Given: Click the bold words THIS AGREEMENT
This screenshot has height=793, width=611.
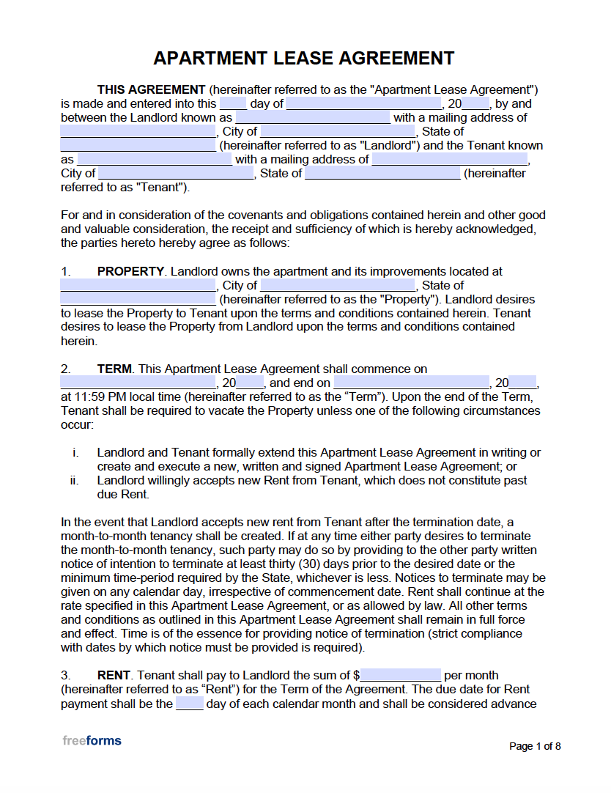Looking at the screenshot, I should point(151,90).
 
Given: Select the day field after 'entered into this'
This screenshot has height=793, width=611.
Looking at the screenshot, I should point(233,104).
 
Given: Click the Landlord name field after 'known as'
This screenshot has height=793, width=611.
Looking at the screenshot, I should point(313,118).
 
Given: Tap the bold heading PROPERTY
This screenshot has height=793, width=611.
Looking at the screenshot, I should point(130,272).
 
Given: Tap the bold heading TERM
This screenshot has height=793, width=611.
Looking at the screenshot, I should point(114,369).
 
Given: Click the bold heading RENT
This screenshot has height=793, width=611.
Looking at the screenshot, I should point(114,675).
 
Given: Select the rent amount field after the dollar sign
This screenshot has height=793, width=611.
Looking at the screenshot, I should point(401,675).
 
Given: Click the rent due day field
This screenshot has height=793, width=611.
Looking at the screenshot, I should point(189,704).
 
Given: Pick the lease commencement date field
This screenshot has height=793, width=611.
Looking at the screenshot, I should point(138,383).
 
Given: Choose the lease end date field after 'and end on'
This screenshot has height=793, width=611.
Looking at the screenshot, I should point(412,383).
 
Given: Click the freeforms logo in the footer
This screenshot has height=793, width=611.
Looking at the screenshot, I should point(92,741).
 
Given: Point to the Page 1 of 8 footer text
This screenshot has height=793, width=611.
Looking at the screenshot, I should point(535,747).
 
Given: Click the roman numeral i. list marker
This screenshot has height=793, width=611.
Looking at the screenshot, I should point(75,453).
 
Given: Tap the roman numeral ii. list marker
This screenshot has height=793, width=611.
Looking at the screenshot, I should point(74,481).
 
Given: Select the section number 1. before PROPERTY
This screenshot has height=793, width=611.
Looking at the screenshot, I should point(66,272).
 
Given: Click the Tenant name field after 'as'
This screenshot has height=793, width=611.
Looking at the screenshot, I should point(155,160).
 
